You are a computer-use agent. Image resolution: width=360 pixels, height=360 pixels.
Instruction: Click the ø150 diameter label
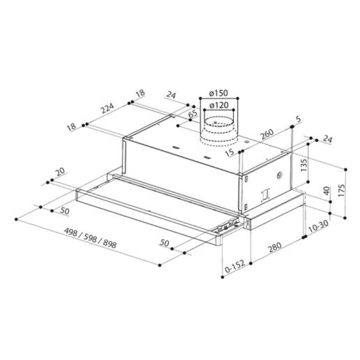pyautogui.click(x=218, y=93)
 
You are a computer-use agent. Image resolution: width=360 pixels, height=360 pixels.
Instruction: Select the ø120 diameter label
pyautogui.click(x=219, y=106)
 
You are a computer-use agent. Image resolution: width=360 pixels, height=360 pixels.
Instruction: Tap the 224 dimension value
pyautogui.click(x=108, y=108)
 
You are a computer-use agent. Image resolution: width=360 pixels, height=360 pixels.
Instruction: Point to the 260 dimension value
pyautogui.click(x=268, y=134)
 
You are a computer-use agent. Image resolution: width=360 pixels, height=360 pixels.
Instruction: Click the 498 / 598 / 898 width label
pyautogui.click(x=90, y=238)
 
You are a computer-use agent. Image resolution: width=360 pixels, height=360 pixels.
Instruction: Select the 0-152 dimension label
pyautogui.click(x=235, y=267)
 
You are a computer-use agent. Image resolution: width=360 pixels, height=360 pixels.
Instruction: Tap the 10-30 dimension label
pyautogui.click(x=319, y=227)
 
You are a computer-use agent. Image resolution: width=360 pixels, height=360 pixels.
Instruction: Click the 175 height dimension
pyautogui.click(x=342, y=190)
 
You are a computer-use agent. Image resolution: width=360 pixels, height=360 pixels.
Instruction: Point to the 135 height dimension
pyautogui.click(x=304, y=165)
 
